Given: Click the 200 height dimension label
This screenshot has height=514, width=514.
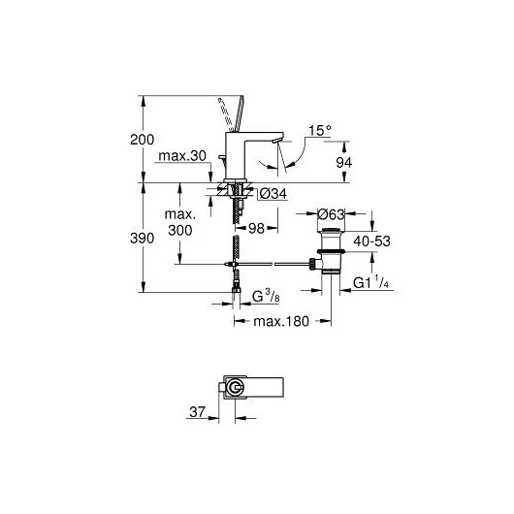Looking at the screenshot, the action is point(142,140).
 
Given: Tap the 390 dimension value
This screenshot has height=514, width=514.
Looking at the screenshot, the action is point(142,239).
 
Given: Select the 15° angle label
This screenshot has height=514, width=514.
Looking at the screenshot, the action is point(320,131).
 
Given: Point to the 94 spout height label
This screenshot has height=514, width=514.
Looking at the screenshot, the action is point(344,163).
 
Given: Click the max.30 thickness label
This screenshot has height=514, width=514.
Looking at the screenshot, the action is point(182,156).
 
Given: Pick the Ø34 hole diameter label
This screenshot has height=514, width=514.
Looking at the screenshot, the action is point(273,194).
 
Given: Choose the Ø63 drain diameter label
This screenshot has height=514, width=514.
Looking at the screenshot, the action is point(331,214).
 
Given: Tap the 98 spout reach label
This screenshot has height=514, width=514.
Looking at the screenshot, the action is point(256,229).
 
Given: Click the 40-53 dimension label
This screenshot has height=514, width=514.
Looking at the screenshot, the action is point(372,241).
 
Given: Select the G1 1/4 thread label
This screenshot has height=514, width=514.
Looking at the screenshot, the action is point(370,282).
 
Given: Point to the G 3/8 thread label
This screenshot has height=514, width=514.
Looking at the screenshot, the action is point(266,297).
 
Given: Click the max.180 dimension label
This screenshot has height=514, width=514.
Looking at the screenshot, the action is point(281,322).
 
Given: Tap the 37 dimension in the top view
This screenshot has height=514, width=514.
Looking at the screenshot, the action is point(197,412).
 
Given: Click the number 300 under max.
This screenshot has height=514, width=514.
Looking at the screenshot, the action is point(180,231).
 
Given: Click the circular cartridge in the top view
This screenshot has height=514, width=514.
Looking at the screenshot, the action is point(236,388).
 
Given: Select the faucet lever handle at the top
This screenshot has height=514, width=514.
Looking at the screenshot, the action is point(237,114).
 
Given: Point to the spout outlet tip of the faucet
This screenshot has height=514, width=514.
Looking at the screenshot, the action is point(276,141).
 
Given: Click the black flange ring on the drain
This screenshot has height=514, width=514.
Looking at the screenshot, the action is point(331,251).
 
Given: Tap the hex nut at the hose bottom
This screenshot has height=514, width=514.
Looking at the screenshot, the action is point(237,290).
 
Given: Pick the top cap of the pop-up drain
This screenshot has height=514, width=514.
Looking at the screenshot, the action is point(331,230).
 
